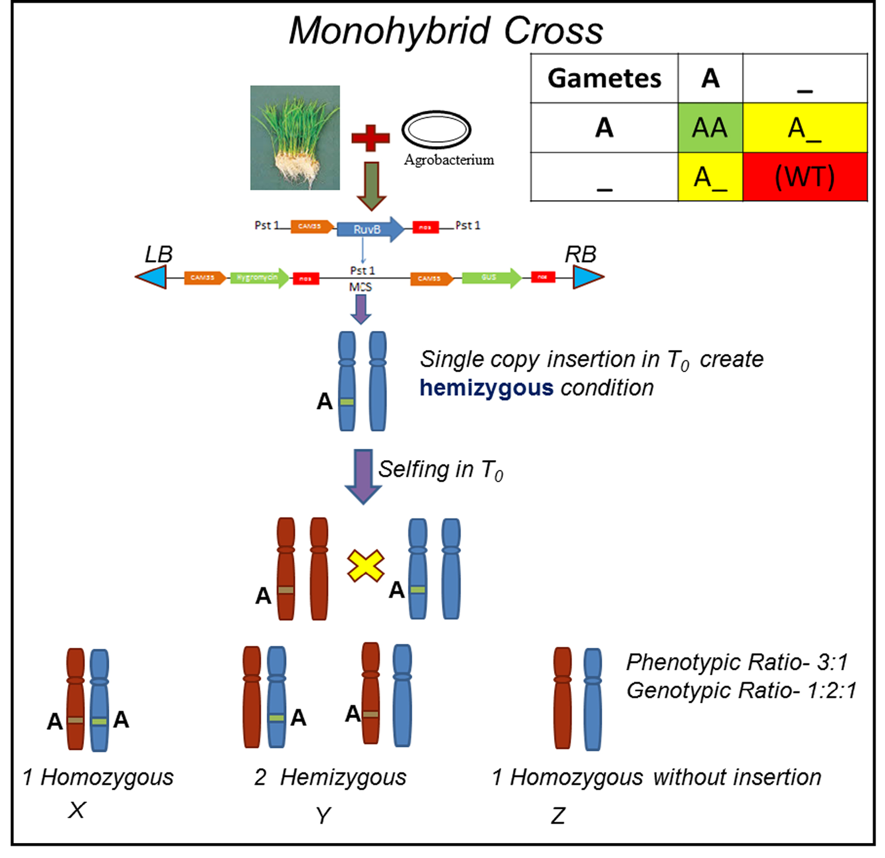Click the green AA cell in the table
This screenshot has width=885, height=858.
pyautogui.click(x=710, y=128)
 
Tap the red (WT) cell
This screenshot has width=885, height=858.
pyautogui.click(x=804, y=177)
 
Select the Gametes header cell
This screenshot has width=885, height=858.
pyautogui.click(x=604, y=78)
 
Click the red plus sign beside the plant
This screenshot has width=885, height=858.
pyautogui.click(x=370, y=138)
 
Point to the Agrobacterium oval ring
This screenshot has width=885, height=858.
pyautogui.click(x=436, y=130)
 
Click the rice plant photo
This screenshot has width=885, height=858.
pyautogui.click(x=295, y=138)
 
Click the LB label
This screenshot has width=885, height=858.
pyautogui.click(x=159, y=254)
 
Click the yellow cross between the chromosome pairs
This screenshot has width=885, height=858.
pyautogui.click(x=366, y=565)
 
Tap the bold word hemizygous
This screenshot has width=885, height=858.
pyautogui.click(x=486, y=388)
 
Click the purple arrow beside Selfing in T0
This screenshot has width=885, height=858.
pyautogui.click(x=363, y=476)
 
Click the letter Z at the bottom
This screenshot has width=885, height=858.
pyautogui.click(x=558, y=816)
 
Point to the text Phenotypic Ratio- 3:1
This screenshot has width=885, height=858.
pyautogui.click(x=737, y=662)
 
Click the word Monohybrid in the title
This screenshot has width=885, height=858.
pyautogui.click(x=390, y=31)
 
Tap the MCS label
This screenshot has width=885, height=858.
pyautogui.click(x=361, y=288)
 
